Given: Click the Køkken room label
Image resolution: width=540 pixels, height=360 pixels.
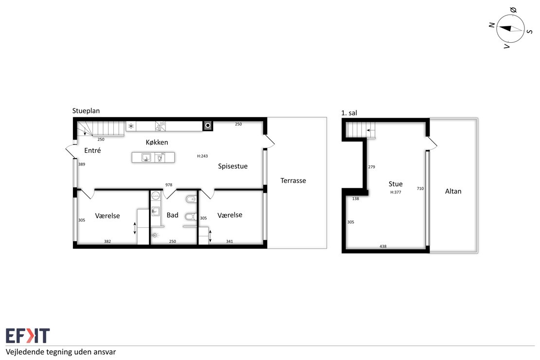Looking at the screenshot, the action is [x=157, y=142].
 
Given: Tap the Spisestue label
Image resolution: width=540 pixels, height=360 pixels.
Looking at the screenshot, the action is [x=233, y=166].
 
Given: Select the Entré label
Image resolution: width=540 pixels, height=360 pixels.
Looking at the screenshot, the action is [x=92, y=150].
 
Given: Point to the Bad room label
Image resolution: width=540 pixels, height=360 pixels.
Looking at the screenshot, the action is [x=173, y=215].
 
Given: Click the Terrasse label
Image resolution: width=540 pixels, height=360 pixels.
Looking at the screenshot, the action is [x=293, y=180].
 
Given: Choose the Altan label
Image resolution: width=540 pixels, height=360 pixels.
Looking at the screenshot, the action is [x=453, y=191].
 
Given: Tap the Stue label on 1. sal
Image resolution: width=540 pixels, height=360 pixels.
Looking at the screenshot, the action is [x=396, y=184].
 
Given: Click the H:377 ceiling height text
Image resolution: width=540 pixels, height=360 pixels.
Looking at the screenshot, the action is [x=396, y=192].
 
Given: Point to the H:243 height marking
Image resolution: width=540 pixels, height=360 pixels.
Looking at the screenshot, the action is [x=202, y=156].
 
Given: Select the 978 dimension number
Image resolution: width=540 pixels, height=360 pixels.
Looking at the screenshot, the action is [x=169, y=185].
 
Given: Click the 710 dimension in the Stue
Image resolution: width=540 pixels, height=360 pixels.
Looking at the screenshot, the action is [x=420, y=188].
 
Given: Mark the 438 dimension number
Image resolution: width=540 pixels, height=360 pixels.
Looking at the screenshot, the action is [x=383, y=246].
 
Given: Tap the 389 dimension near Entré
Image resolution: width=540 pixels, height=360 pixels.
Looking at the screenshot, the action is [x=82, y=164].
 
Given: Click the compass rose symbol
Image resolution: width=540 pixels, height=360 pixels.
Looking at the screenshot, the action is [x=510, y=29].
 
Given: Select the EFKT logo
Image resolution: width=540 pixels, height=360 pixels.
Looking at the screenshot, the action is [x=28, y=336].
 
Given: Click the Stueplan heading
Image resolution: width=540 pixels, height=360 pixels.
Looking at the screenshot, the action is [x=86, y=110].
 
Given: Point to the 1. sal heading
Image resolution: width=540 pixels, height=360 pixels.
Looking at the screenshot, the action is [x=349, y=113].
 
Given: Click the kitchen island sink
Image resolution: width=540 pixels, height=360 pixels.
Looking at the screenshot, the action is [x=146, y=158].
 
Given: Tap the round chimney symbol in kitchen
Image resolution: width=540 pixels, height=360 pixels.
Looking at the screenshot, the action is [x=208, y=126].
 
